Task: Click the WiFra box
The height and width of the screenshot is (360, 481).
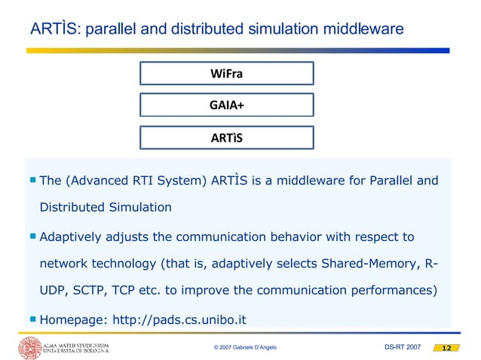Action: [226, 73]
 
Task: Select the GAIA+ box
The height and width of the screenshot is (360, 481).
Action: [226, 105]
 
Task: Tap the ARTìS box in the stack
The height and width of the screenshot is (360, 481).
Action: [226, 139]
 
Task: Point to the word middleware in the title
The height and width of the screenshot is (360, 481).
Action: [359, 29]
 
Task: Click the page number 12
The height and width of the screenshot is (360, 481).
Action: [445, 348]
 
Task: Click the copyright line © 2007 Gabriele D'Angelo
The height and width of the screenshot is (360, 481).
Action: [250, 348]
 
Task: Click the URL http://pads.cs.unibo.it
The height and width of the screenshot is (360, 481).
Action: [179, 319]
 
